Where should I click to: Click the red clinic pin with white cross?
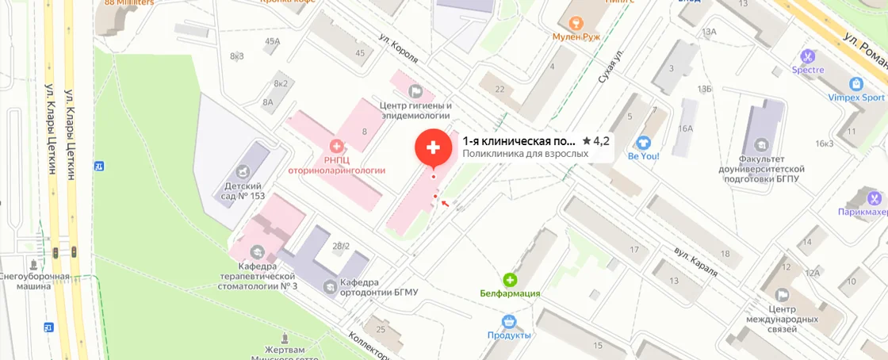(434, 147)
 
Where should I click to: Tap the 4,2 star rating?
(595, 141)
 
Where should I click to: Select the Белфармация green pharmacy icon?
(510, 279)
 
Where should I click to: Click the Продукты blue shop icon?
(509, 321)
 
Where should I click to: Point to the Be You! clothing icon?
(644, 142)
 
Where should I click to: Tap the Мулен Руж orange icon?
(576, 22)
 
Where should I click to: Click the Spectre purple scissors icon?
(807, 56)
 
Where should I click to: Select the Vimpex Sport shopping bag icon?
(855, 84)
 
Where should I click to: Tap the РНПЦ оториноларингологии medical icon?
(337, 146)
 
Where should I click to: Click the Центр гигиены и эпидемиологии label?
(415, 110)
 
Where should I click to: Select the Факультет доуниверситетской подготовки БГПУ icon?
(762, 144)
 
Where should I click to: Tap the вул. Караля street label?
(695, 261)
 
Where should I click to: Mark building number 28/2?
(341, 246)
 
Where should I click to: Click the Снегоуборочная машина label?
(35, 281)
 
